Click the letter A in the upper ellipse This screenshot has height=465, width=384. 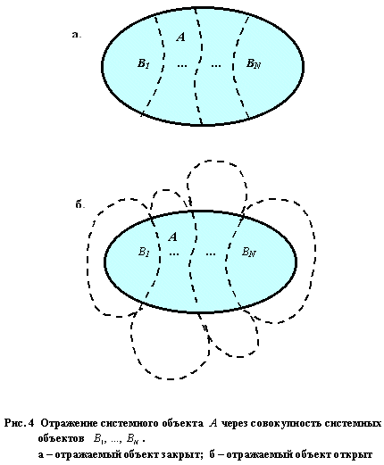[181, 37]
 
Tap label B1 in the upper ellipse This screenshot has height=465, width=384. [144, 63]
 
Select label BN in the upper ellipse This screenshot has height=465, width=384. [254, 63]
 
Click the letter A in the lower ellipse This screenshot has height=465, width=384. [173, 237]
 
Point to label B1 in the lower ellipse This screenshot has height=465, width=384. [144, 253]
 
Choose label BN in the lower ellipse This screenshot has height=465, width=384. [249, 253]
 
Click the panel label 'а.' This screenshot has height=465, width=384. [77, 35]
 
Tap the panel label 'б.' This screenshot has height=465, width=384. [80, 204]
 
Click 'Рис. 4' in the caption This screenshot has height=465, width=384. [20, 423]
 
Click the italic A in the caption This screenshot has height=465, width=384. [213, 423]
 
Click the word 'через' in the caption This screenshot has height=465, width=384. [235, 424]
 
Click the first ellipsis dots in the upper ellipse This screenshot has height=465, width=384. [182, 65]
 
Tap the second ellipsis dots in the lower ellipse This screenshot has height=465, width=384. [211, 254]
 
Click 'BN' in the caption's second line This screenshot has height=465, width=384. [132, 439]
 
